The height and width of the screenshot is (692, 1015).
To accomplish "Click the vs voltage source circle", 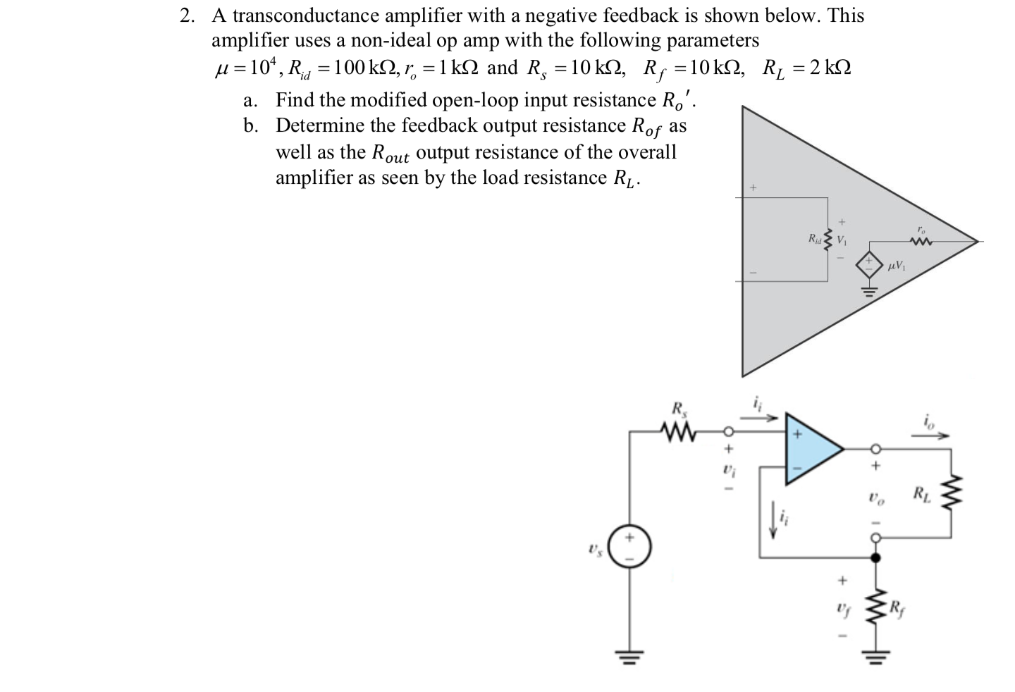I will coord(629,546).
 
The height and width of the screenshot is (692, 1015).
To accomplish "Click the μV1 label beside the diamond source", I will coord(898,266).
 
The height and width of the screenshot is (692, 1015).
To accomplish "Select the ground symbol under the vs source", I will coord(629,659).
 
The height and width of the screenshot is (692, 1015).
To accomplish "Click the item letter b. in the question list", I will coord(251,125).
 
